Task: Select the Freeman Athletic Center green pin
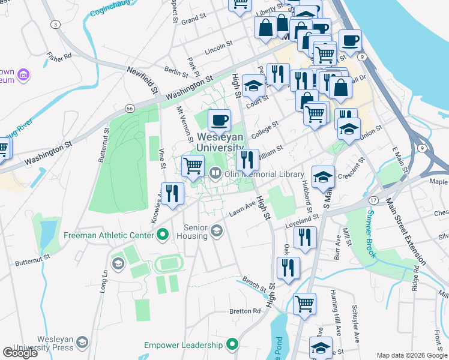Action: point(161,235)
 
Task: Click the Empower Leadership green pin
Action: point(233,344)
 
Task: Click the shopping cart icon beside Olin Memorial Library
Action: point(193,166)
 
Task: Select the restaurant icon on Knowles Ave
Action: point(172,193)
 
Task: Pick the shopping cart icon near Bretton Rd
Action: point(304,304)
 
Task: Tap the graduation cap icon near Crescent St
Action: point(323,176)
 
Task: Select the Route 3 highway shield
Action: point(55,24)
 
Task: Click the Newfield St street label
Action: point(142,79)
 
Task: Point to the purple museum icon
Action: point(25,76)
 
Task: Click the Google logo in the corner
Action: point(20,353)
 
